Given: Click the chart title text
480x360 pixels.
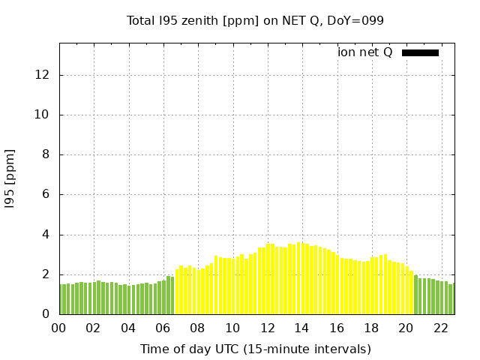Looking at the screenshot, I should point(255,21).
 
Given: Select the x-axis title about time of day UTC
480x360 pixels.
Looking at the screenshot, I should point(255,349).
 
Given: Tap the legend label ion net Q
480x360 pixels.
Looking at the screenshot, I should point(365,52).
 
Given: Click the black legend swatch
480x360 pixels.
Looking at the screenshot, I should point(420,52).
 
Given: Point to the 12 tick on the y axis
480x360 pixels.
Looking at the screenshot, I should point(43,75).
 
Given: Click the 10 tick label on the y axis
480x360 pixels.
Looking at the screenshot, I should point(43,115).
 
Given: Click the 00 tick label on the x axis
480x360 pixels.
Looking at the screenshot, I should point(58,328).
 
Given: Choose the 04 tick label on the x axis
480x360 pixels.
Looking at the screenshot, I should point(128,328).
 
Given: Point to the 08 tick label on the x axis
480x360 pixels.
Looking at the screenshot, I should point(198,328).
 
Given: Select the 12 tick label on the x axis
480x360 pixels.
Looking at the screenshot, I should point(268,328).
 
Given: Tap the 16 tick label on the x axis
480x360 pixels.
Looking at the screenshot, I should point(337,328).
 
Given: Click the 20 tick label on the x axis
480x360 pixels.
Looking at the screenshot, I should point(406,328).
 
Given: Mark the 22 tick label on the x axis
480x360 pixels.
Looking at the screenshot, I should point(441,328).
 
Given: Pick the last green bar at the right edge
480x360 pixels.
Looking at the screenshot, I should point(451,299).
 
